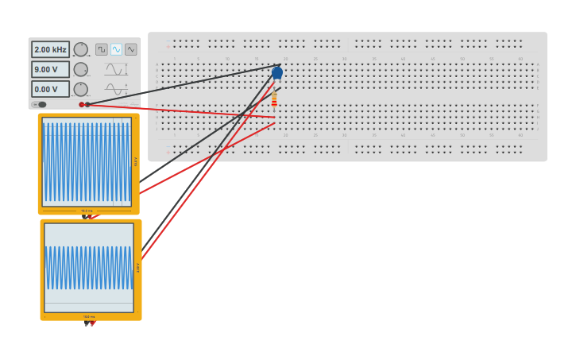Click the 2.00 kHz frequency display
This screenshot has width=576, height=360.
pyautogui.click(x=50, y=49)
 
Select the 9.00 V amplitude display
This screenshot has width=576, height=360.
pyautogui.click(x=50, y=69)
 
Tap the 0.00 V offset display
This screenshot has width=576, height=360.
pyautogui.click(x=50, y=89)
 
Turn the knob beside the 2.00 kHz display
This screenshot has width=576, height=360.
pyautogui.click(x=81, y=49)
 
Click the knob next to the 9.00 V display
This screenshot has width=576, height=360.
pyautogui.click(x=81, y=69)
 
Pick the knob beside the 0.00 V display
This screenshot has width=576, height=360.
pyautogui.click(x=81, y=89)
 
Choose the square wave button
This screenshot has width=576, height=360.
pyautogui.click(x=102, y=49)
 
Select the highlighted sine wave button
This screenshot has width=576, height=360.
pyautogui.click(x=116, y=49)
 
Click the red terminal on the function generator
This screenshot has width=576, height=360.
pyautogui.click(x=81, y=104)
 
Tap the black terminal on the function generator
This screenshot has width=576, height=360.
pyautogui.click(x=87, y=104)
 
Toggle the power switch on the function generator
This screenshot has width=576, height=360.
pyautogui.click(x=40, y=104)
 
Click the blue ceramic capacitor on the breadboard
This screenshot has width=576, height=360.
pyautogui.click(x=276, y=73)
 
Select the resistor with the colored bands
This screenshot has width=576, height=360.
pyautogui.click(x=274, y=99)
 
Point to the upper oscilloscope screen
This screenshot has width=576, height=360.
pyautogui.click(x=86, y=162)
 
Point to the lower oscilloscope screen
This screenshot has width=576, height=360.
pyautogui.click(x=89, y=268)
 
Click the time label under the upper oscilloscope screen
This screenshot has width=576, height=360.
pyautogui.click(x=87, y=211)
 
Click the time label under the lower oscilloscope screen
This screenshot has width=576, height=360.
pyautogui.click(x=89, y=316)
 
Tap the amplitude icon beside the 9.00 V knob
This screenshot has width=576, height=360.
pyautogui.click(x=116, y=69)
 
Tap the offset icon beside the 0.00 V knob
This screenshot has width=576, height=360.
pyautogui.click(x=116, y=89)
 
